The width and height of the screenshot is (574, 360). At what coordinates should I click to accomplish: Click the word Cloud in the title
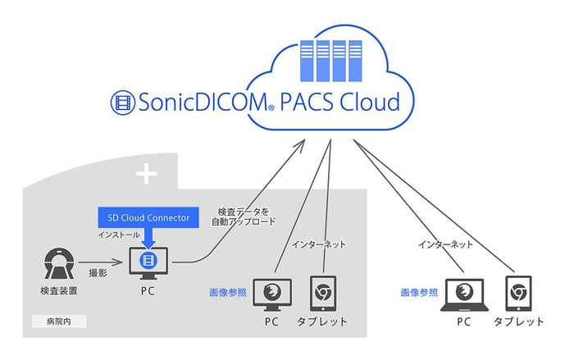tap(367, 103)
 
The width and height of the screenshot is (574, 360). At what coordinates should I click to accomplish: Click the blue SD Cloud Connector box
tap(148, 217)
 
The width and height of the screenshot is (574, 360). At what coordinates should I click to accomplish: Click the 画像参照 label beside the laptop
tap(417, 292)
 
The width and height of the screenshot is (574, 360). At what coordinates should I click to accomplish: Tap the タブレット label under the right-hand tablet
tap(519, 321)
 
